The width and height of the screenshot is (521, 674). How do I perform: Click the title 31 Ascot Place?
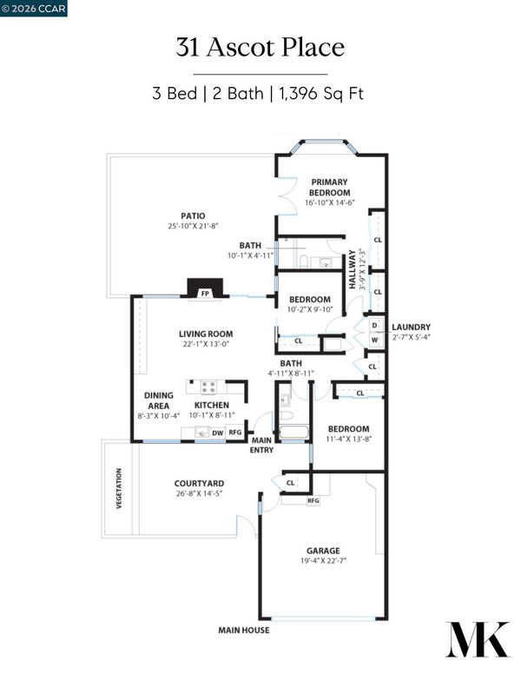[x=260, y=47]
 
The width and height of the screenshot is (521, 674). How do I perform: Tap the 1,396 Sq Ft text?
[x=321, y=93]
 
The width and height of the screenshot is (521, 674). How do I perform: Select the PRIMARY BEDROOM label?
[x=329, y=188]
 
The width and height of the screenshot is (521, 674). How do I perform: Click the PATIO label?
[x=193, y=215]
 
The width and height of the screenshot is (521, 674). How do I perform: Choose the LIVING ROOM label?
[x=206, y=334]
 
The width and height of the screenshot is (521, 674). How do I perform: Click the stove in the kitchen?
[x=209, y=387]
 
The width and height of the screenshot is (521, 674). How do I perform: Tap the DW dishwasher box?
[x=218, y=433]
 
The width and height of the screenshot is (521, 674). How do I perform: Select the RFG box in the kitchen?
[x=234, y=432]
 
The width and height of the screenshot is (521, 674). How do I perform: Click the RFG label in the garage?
[x=313, y=500]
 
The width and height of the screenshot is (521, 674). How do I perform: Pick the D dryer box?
[x=375, y=326]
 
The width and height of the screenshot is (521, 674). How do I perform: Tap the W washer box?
[x=375, y=340]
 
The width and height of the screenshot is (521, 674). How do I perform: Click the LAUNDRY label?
[x=411, y=327]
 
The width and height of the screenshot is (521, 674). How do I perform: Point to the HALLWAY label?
[x=352, y=269]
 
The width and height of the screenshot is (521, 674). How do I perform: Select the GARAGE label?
[x=323, y=551]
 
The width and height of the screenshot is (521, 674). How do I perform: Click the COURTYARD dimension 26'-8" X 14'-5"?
[x=199, y=493]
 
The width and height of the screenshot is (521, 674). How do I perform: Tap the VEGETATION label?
[x=119, y=488]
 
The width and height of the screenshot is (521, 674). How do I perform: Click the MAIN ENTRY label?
[x=261, y=445]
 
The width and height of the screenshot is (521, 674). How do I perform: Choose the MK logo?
[x=478, y=639]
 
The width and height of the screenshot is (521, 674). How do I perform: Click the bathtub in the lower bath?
[x=293, y=432]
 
